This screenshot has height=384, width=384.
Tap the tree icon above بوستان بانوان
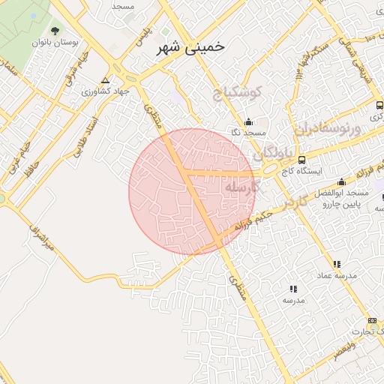tap(55, 31)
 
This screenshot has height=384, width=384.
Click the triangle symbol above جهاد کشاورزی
tap(105, 79)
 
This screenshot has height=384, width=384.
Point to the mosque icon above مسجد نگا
tap(248, 122)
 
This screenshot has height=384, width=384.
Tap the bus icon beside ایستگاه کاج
tap(301, 160)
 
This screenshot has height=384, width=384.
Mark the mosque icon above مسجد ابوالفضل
tap(342, 181)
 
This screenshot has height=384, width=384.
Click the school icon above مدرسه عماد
tap(337, 264)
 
